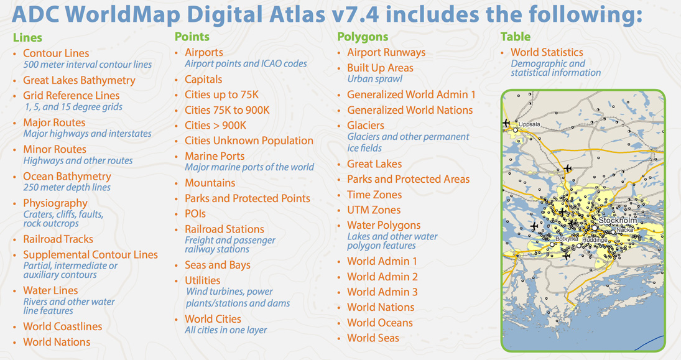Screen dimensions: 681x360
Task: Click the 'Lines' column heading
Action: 27,38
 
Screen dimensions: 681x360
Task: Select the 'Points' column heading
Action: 192,37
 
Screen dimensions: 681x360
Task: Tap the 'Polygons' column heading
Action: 363,37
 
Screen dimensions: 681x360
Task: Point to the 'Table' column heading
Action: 516,37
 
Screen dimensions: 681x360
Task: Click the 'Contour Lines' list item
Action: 56,53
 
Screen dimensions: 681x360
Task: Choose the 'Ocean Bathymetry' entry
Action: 67,177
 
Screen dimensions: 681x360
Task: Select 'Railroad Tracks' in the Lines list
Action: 58,239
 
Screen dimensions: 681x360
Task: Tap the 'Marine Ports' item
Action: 215,156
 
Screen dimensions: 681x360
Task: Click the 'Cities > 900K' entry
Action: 215,126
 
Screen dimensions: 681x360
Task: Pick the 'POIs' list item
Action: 195,214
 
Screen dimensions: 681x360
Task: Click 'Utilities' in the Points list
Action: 202,280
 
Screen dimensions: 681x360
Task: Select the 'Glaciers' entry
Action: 366,126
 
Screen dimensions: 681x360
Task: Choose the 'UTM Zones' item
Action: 374,210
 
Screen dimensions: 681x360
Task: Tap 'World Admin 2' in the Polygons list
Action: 382,277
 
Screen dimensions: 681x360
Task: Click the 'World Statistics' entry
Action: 547,53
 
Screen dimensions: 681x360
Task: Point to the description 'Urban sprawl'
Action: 374,79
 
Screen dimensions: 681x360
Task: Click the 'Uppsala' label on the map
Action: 529,124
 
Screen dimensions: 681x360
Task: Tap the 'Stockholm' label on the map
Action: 618,221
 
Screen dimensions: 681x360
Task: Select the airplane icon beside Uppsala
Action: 506,123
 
